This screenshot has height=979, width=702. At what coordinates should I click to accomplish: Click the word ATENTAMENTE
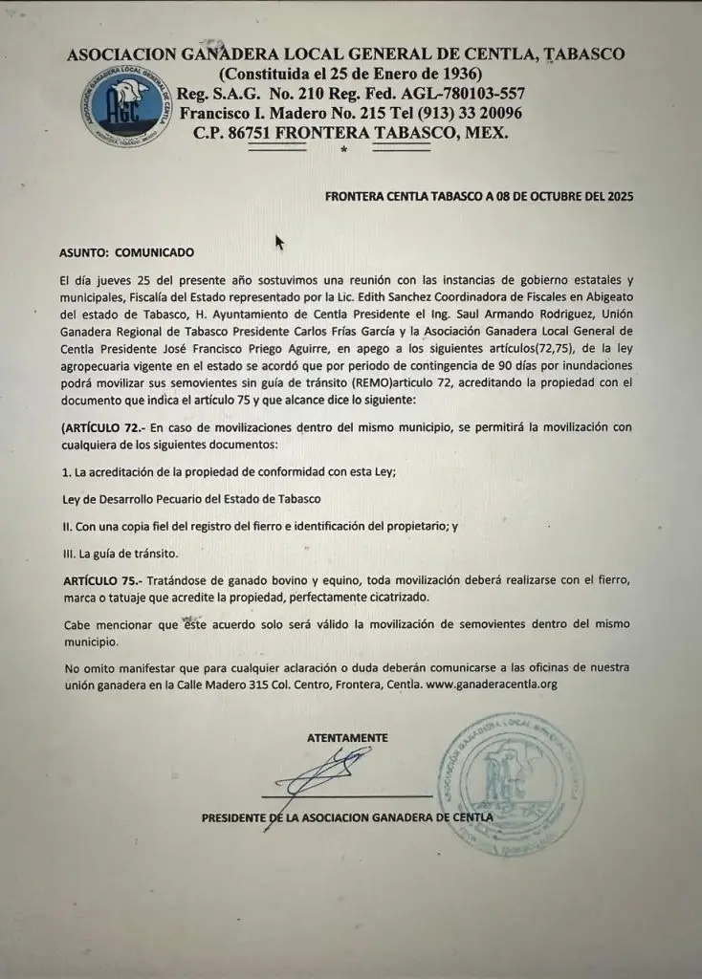(347, 737)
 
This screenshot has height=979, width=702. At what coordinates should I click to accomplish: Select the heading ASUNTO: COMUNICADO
(126, 253)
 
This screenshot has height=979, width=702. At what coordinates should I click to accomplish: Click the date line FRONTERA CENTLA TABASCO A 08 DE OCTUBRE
(479, 196)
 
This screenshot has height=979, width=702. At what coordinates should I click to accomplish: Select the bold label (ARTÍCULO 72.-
(104, 426)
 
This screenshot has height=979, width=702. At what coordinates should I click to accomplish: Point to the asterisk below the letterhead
(342, 151)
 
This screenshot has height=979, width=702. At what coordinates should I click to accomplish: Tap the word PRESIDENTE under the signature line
(235, 817)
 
